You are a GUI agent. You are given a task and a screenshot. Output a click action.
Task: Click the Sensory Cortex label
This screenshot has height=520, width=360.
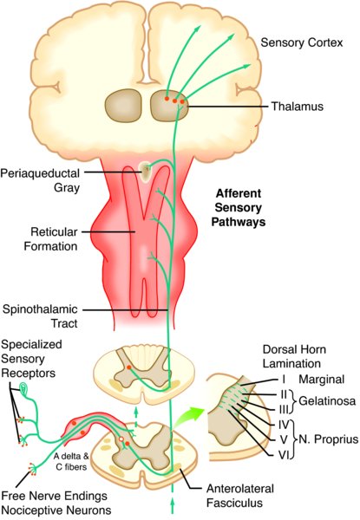click(301, 42)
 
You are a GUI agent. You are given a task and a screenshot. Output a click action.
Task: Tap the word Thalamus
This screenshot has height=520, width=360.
click(298, 107)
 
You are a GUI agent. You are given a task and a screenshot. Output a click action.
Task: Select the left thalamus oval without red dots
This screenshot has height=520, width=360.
click(124, 106)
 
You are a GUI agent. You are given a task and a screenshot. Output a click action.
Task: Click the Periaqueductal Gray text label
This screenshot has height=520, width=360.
click(40, 180)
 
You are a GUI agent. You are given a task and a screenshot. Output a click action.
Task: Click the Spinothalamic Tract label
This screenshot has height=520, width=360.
click(40, 316)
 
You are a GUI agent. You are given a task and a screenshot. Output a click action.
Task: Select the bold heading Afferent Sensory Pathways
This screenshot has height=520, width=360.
click(239, 207)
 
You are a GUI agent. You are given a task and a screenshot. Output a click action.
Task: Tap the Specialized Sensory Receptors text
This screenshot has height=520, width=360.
click(31, 359)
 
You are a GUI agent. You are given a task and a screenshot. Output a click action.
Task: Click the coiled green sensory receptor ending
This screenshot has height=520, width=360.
click(24, 388)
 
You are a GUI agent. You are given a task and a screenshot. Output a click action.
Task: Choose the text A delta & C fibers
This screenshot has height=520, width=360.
click(71, 462)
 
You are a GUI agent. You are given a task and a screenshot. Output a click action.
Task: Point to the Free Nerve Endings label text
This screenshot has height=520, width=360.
click(55, 496)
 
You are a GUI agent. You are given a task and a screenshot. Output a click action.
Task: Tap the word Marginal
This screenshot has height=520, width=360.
click(322, 379)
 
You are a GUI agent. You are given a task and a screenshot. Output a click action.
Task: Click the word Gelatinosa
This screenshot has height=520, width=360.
click(327, 401)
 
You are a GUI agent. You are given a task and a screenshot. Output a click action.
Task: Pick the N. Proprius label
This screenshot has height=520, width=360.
click(329, 439)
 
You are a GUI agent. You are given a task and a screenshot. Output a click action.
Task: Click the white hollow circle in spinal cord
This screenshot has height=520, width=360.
click(121, 439)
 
